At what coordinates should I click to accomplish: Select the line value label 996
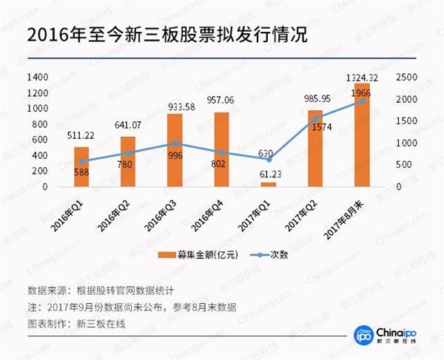coord(176,156)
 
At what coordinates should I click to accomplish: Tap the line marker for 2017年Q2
coord(315,117)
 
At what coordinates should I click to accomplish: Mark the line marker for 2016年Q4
coord(222,152)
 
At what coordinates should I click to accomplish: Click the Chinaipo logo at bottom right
coord(384,333)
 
